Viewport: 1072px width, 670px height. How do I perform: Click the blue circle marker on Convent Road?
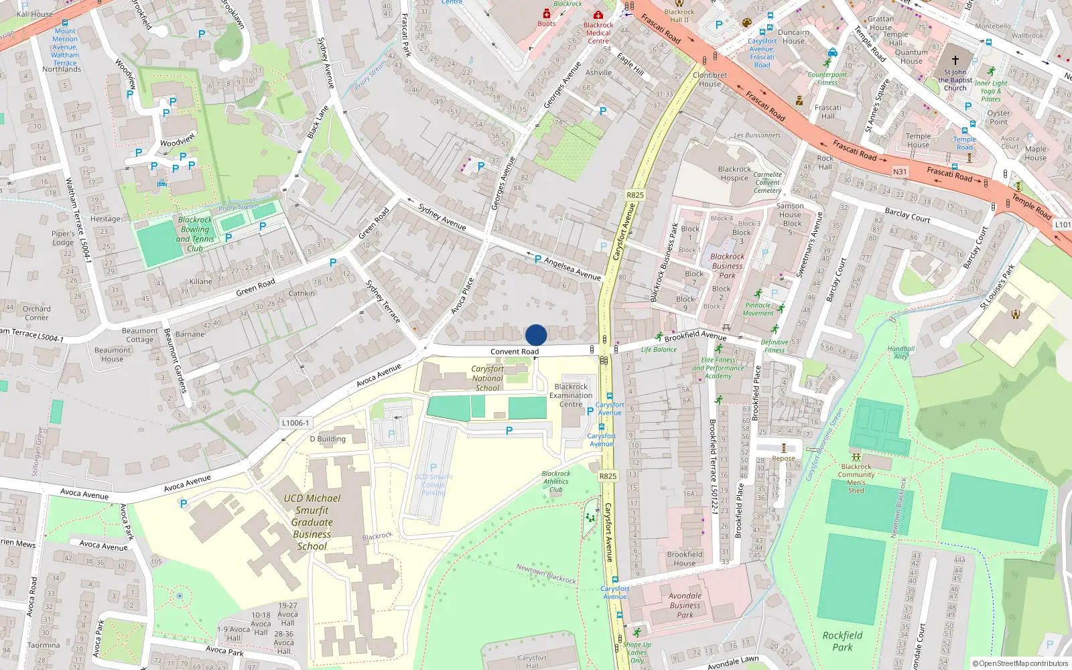(x=536, y=335)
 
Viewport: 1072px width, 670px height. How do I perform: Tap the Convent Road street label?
(x=514, y=352)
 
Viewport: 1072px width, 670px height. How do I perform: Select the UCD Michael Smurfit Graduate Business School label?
(x=312, y=522)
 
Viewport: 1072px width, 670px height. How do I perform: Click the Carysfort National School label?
(x=487, y=378)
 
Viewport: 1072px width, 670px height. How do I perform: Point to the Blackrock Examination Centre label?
(x=571, y=395)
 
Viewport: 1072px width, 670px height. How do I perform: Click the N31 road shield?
(x=900, y=172)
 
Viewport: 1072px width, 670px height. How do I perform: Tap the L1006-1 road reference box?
(x=295, y=423)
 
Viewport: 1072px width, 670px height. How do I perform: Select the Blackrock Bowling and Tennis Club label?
(x=195, y=234)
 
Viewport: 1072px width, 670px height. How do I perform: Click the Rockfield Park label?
(x=842, y=641)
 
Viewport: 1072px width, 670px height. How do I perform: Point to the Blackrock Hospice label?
(x=734, y=174)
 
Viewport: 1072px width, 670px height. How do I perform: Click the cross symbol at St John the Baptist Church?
(x=955, y=60)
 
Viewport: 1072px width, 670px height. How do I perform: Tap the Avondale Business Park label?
(x=685, y=605)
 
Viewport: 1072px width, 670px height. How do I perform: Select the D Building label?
(x=328, y=439)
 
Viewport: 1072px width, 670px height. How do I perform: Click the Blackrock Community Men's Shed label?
(x=856, y=478)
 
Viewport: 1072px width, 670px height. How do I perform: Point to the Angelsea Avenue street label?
(x=572, y=268)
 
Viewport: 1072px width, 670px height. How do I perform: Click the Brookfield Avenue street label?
(x=695, y=335)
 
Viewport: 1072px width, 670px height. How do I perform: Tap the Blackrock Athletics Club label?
(x=555, y=481)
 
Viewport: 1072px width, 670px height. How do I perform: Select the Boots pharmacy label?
(x=547, y=23)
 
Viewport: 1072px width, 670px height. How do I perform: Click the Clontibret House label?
(x=710, y=80)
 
